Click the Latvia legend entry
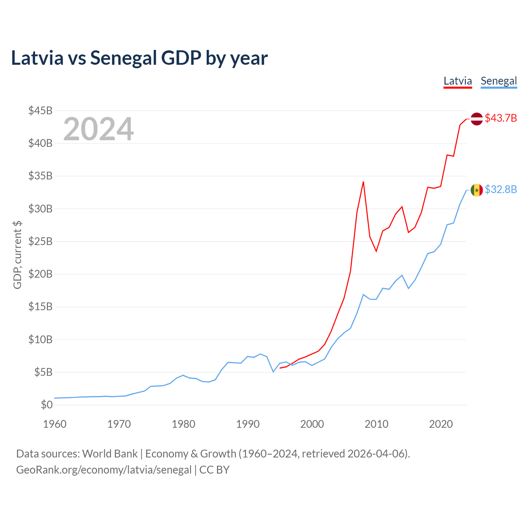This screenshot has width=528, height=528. click(x=457, y=81)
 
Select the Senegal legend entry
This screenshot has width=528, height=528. click(x=499, y=81)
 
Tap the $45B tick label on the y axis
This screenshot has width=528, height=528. click(x=40, y=111)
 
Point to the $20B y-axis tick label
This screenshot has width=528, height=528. click(x=40, y=274)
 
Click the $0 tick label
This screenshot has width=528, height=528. click(x=47, y=404)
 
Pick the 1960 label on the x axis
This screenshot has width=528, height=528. click(x=55, y=424)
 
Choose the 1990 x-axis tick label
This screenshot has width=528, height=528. click(x=247, y=424)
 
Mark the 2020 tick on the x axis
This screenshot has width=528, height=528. click(x=441, y=424)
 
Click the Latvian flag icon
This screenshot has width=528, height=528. click(x=476, y=119)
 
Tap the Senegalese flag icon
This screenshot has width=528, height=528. click(x=476, y=190)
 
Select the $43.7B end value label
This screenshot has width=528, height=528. click(x=501, y=118)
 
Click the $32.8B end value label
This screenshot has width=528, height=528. click(x=501, y=189)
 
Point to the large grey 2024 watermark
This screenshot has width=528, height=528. click(x=99, y=129)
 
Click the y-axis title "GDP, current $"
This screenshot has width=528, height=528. click(x=17, y=255)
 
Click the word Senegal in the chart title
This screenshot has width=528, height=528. click(x=124, y=58)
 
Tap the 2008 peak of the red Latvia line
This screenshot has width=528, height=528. click(x=363, y=182)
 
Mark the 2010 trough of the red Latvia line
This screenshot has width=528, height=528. click(x=376, y=251)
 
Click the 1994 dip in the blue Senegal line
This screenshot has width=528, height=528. click(x=273, y=372)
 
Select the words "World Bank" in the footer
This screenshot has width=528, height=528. click(x=110, y=454)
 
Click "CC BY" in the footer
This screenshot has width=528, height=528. click(x=214, y=470)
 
